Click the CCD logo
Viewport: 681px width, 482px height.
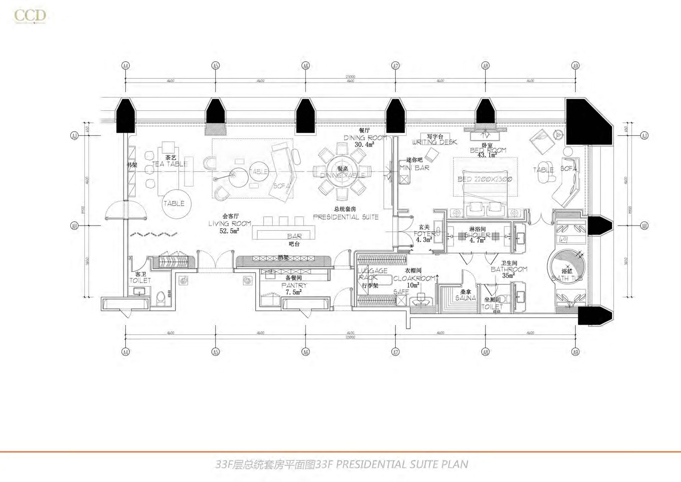click(30, 16)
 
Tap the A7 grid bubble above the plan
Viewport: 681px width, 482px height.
click(395, 66)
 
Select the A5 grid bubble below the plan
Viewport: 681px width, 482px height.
click(215, 352)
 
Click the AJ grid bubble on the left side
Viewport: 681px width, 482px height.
click(74, 136)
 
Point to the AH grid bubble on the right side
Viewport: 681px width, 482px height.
click(644, 226)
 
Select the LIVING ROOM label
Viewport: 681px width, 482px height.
click(229, 224)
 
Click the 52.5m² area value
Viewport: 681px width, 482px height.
click(229, 231)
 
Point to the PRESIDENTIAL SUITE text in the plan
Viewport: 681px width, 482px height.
click(346, 217)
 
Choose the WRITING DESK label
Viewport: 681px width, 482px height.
click(434, 142)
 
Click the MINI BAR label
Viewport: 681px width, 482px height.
click(414, 168)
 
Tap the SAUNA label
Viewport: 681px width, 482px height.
click(465, 298)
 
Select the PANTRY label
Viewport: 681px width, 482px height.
click(294, 285)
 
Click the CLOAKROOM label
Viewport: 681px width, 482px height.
click(414, 279)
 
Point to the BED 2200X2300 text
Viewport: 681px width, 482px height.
click(485, 179)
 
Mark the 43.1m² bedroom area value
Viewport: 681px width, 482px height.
click(487, 155)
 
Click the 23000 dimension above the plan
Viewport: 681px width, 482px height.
click(350, 77)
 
